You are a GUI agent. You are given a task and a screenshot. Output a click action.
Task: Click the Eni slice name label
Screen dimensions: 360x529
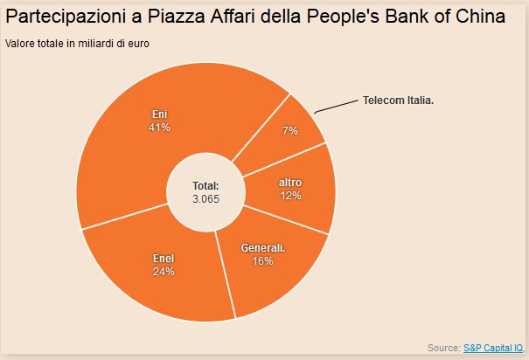coord(158,114)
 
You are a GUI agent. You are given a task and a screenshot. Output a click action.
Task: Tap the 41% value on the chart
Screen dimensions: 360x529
coord(158,128)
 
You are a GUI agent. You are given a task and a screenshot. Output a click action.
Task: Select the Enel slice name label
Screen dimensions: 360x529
coord(164,259)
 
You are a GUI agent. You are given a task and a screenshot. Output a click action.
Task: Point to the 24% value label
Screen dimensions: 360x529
coord(164,272)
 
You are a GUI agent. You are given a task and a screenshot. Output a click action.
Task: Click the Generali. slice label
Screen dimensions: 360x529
coord(263,248)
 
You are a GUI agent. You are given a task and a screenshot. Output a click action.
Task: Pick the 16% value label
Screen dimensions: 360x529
coord(263,261)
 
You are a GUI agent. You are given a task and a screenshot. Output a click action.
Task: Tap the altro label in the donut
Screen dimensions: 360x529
coord(290,182)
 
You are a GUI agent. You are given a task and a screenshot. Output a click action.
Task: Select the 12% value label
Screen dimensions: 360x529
coord(290,195)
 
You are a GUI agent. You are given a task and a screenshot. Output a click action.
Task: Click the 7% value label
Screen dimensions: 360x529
coord(290,130)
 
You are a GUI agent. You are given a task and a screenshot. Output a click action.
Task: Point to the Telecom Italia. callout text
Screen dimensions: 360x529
coord(398,100)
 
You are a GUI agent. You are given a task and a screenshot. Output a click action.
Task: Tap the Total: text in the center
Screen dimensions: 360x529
coord(205,186)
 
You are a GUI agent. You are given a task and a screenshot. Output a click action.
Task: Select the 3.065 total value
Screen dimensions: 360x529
coord(205,198)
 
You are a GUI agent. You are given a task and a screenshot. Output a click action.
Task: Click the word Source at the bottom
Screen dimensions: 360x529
coord(444,348)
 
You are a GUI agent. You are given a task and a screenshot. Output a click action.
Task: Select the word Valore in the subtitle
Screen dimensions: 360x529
coord(20,45)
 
